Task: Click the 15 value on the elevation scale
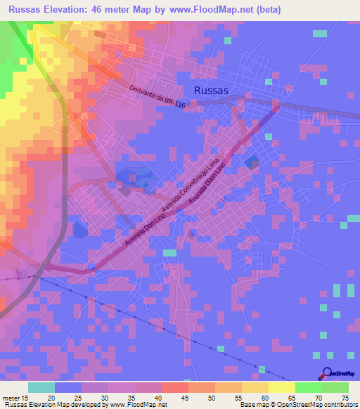pyautogui.click(x=26, y=398)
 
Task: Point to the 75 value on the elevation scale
pyautogui.click(x=345, y=398)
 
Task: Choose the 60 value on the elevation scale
pyautogui.click(x=266, y=398)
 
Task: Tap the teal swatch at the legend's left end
pyautogui.click(x=41, y=387)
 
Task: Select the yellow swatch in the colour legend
pyautogui.click(x=282, y=387)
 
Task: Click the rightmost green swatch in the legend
pyautogui.click(x=335, y=387)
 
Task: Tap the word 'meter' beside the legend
pyautogui.click(x=11, y=398)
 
